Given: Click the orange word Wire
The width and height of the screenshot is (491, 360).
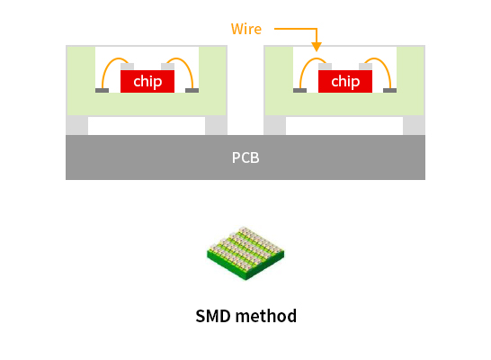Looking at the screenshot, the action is point(246,29).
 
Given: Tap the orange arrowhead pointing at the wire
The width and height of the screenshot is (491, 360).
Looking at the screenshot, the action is point(317,47).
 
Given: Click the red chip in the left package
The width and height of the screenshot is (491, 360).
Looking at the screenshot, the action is point(147,82).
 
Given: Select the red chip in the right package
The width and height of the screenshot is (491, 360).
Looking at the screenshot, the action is point(345,82).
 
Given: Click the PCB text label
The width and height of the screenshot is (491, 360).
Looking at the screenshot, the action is point(245,157).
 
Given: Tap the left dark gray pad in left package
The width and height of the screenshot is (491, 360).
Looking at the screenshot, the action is point(103,91).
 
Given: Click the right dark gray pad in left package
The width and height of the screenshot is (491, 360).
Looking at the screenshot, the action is point(192,91).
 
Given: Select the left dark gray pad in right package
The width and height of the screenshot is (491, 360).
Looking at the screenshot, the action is point(300,91).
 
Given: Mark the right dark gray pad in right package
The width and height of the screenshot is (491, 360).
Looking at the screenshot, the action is point(390,91).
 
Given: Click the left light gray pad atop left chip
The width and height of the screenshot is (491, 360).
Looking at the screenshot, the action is point(127,67).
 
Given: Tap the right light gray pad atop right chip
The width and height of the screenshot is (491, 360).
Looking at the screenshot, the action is point(366,67).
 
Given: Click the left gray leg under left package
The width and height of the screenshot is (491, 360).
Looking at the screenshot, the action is point(77,125).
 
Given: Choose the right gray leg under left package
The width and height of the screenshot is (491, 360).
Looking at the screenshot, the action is point(216,125).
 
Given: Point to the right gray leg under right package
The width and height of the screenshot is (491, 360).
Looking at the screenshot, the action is point(414,125).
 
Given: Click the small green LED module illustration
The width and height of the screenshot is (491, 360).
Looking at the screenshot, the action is point(245,253).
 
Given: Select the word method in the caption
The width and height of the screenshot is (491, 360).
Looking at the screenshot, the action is point(266,316).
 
